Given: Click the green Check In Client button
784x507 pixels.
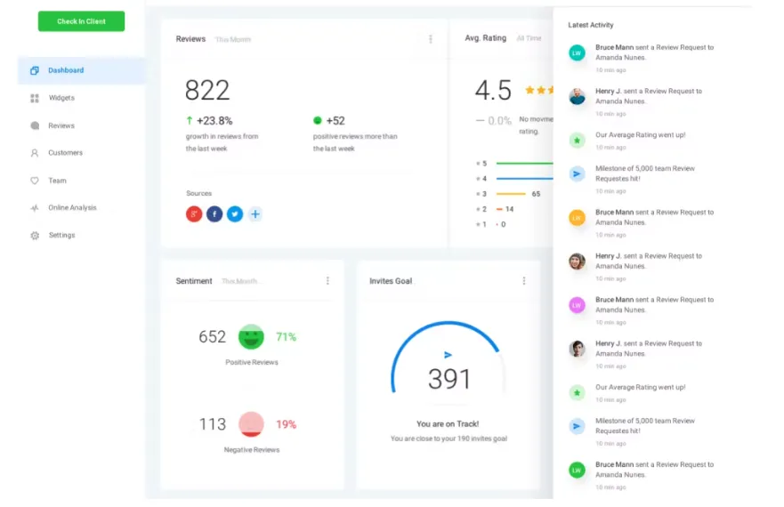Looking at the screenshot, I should (x=81, y=21).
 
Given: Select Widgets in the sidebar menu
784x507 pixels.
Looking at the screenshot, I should (x=61, y=98).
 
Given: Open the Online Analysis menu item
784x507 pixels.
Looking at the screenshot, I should (x=71, y=208).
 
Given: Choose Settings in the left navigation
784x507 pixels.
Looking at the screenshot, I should (x=61, y=236).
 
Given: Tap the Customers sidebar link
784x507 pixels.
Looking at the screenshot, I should (x=65, y=153).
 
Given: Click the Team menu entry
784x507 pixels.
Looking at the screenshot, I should (x=57, y=181).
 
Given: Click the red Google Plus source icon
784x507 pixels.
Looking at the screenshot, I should (x=194, y=214).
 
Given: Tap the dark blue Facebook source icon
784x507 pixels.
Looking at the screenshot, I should (x=214, y=214).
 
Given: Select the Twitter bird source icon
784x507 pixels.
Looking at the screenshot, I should (x=235, y=214).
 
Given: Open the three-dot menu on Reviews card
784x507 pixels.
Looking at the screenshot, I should (x=431, y=39).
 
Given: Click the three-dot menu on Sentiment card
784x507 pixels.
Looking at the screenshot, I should (x=327, y=281).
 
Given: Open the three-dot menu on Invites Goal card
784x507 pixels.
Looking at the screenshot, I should (x=523, y=281).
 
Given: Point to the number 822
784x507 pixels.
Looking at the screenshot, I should (x=207, y=90).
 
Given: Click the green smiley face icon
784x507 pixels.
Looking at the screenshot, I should (x=251, y=337).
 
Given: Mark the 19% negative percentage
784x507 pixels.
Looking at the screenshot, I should (x=286, y=424).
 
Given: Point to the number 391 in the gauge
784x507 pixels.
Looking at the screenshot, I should (x=449, y=379).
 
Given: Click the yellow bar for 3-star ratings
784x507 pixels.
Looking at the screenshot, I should (x=511, y=194).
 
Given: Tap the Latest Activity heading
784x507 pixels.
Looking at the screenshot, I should (x=591, y=25).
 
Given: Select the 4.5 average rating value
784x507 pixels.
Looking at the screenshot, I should (x=493, y=90).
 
